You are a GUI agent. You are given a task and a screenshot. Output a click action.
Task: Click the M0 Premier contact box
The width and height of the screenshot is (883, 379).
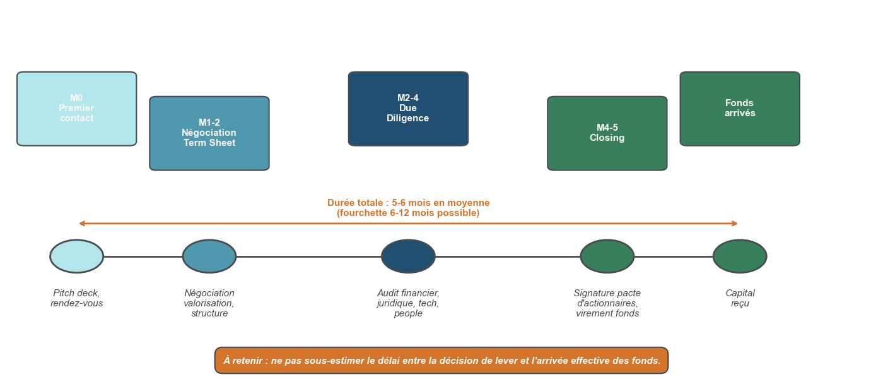click(x=76, y=109)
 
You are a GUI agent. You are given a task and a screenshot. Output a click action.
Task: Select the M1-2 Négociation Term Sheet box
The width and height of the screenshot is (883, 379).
click(x=209, y=133)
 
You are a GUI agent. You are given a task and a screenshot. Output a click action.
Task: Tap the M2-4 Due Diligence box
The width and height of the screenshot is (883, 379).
click(x=408, y=109)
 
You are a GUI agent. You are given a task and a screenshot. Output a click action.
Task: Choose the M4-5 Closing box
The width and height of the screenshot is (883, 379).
click(x=607, y=133)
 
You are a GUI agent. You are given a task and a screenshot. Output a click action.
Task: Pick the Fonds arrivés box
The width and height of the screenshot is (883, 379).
click(x=740, y=109)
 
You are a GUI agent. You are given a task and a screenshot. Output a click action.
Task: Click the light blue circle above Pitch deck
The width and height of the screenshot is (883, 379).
click(x=77, y=256)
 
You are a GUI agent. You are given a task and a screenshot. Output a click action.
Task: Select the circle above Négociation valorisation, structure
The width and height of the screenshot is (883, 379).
click(x=209, y=256)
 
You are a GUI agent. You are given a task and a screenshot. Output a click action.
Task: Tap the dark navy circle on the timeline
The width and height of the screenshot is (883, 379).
click(x=408, y=256)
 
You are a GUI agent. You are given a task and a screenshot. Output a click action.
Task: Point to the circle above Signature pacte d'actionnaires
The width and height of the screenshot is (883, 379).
click(x=607, y=256)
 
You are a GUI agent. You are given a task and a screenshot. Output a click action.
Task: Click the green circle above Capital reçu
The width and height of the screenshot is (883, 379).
click(x=740, y=256)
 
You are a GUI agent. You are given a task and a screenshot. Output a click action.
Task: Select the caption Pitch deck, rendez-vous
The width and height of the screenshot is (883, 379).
click(x=77, y=298)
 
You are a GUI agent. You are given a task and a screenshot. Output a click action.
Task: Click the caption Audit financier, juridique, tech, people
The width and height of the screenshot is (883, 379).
click(x=408, y=303)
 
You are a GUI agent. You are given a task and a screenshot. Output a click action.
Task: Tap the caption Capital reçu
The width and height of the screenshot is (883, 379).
click(x=740, y=298)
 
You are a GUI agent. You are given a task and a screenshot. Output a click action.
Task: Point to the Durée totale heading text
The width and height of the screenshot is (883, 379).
click(x=408, y=203)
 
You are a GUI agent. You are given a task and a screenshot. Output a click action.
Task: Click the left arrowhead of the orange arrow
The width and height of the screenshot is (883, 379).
click(x=81, y=224)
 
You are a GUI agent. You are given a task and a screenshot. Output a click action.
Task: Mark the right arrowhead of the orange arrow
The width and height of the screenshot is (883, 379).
click(x=735, y=224)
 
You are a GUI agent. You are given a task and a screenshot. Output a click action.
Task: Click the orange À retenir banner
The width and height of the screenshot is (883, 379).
click(x=441, y=361)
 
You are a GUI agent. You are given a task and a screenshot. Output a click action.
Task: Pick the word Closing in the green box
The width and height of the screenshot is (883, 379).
click(x=607, y=138)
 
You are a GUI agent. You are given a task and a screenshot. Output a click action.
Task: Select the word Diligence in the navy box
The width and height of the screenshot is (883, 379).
click(x=408, y=119)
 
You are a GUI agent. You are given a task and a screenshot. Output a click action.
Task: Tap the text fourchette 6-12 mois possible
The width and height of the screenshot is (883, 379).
click(x=408, y=214)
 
